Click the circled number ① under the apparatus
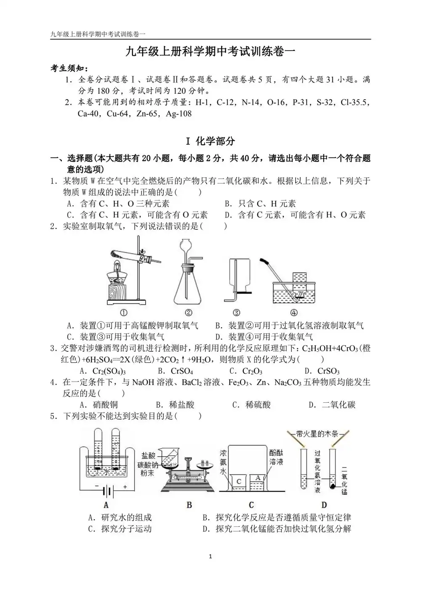click(124, 313)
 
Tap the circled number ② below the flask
click(188, 313)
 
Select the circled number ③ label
click(237, 313)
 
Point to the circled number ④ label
click(294, 313)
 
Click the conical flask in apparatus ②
click(188, 286)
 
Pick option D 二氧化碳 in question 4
click(332, 405)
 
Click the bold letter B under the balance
click(189, 505)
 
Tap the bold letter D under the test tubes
click(324, 505)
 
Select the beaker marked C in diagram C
click(239, 482)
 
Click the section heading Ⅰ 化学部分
click(210, 141)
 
